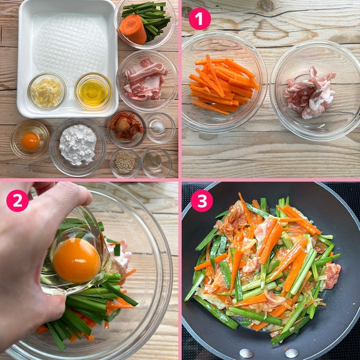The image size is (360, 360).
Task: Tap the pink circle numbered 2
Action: coord(17,200)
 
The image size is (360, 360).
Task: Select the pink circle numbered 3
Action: coord(202,200)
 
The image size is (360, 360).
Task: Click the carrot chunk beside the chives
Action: coord(133,29)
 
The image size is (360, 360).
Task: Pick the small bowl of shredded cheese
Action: coord(47,92)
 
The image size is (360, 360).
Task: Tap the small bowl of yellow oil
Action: coord(93,91)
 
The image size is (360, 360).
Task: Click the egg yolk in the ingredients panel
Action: coord(31,141)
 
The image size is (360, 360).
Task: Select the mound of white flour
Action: coord(78,144)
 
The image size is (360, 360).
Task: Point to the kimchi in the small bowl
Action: coord(126,126)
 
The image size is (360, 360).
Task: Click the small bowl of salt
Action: coord(161,128)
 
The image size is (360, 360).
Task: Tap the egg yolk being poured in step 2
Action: coord(77,260)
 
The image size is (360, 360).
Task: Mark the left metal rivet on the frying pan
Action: coord(246,353)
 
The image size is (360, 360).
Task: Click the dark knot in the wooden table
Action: coord(266,6)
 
